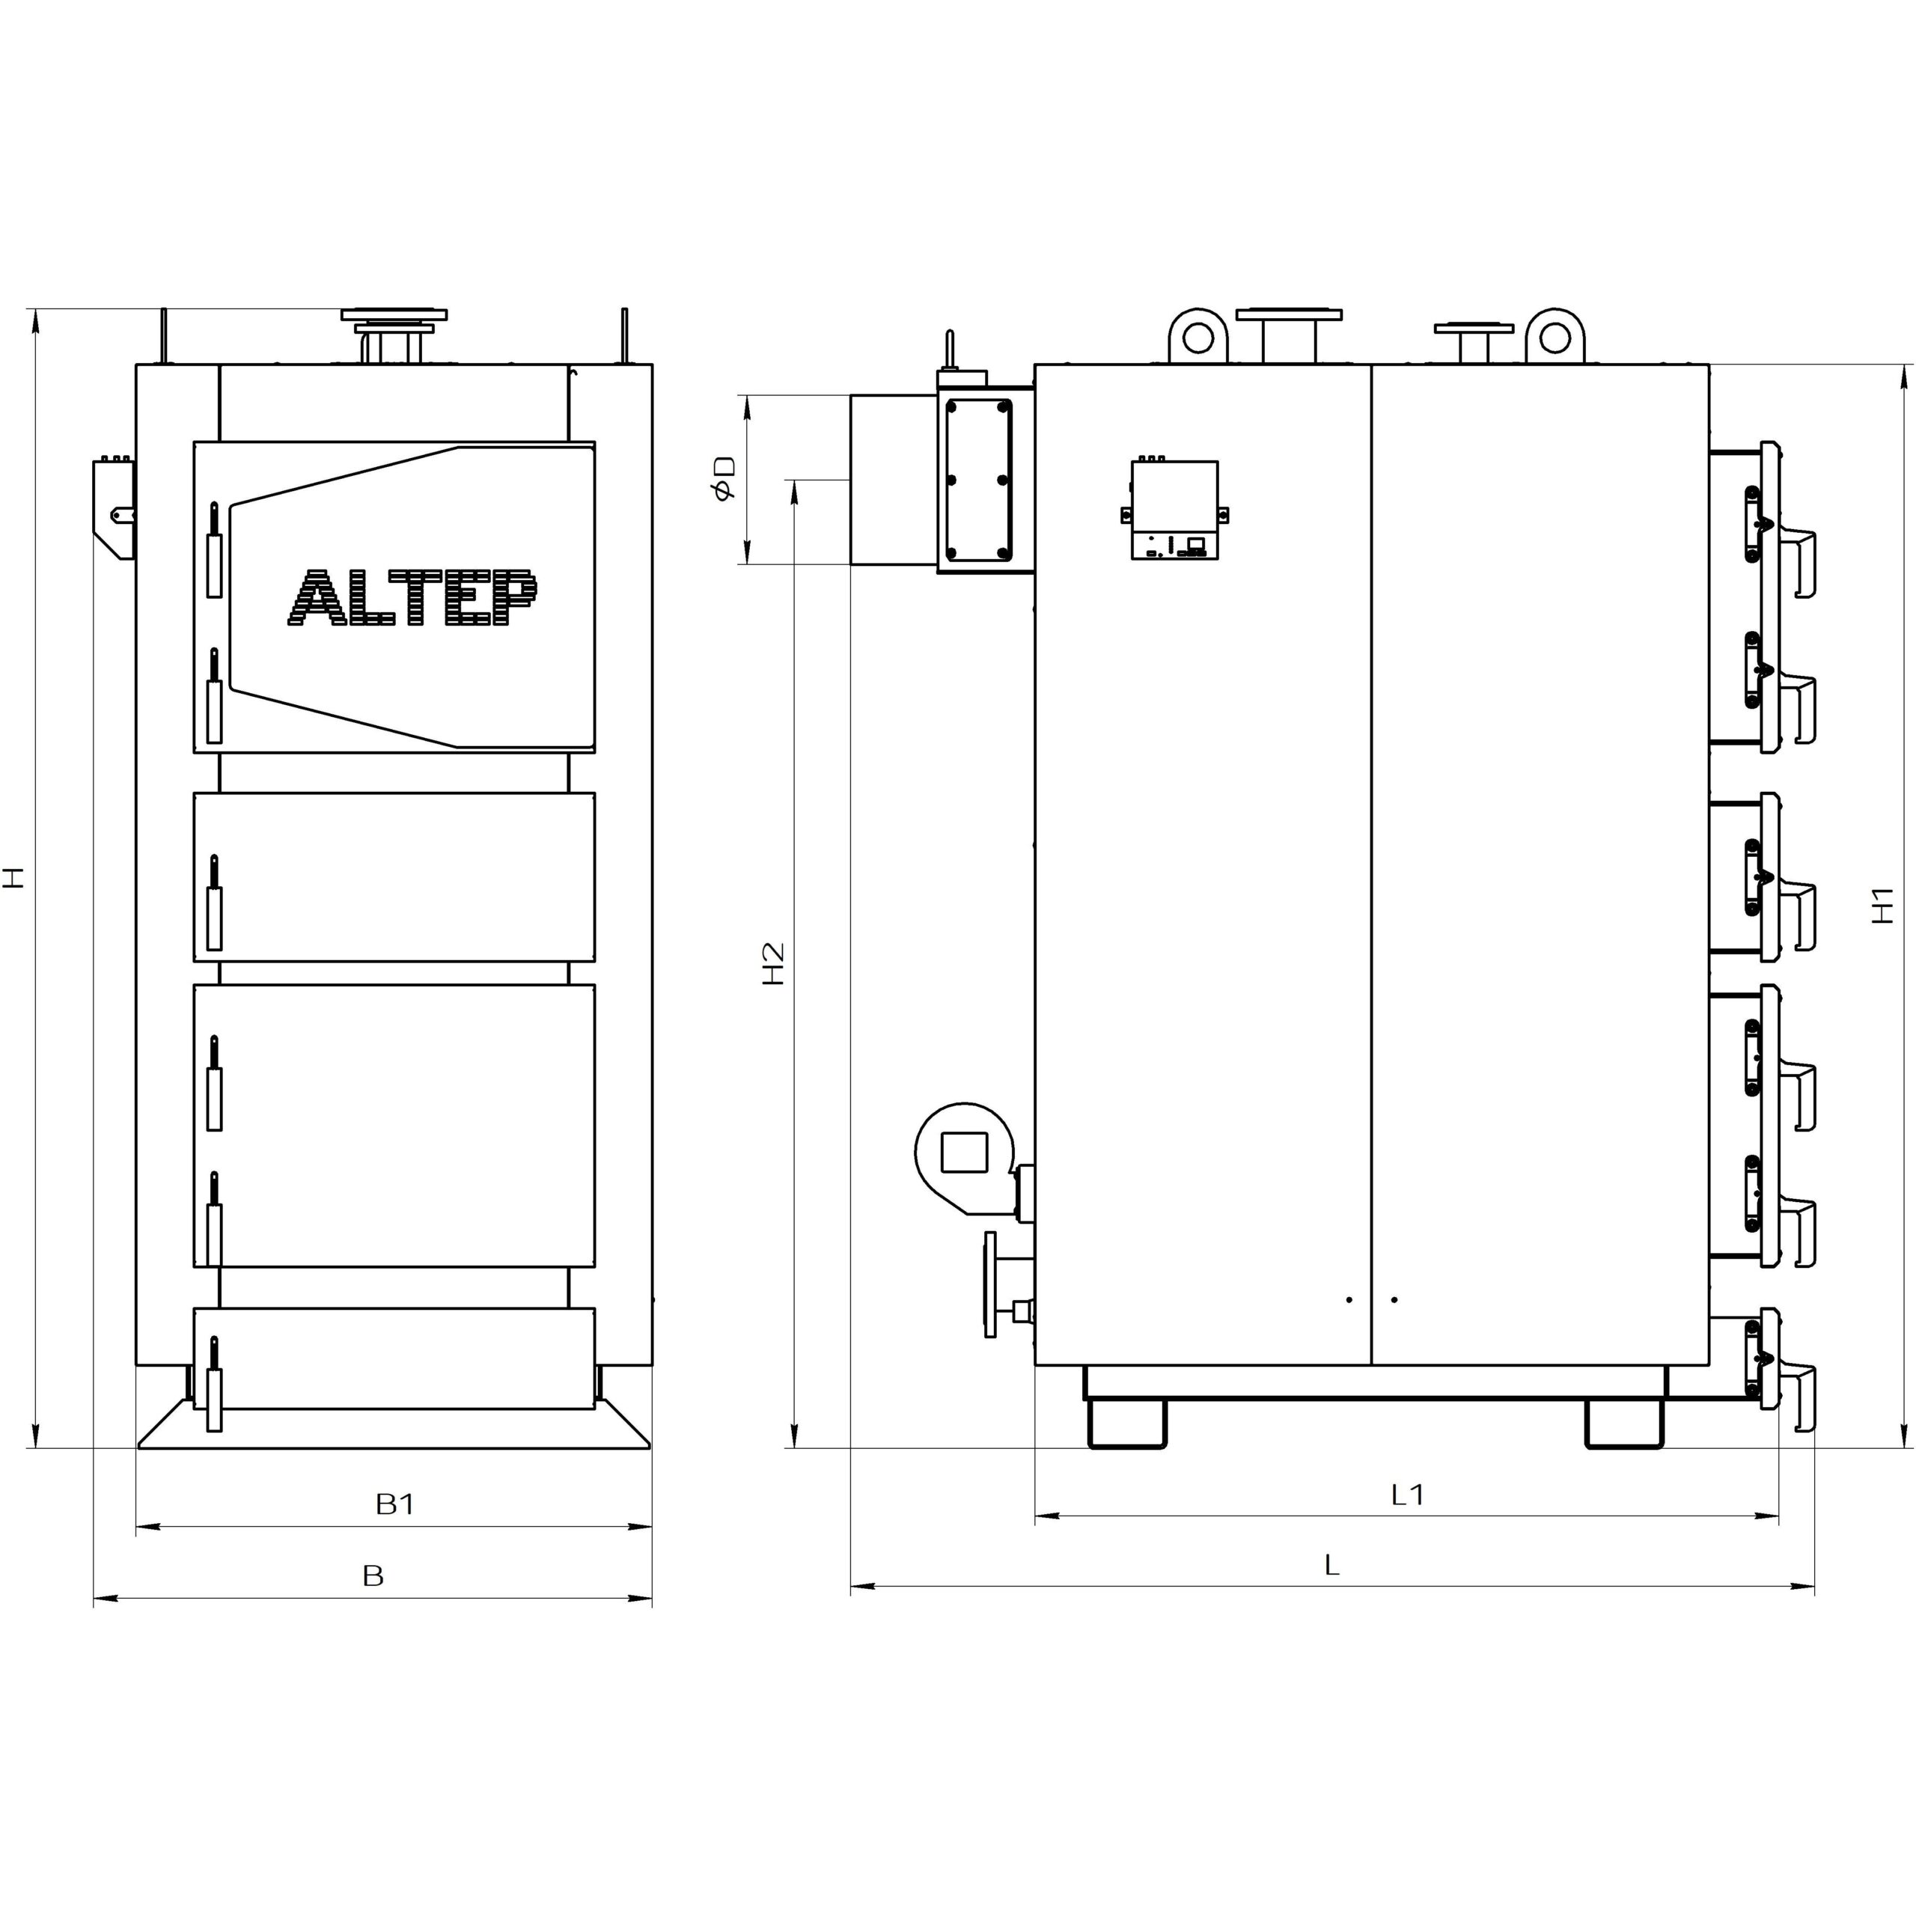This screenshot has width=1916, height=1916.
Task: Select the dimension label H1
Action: point(1882,904)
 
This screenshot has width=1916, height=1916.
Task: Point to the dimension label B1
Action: point(394,1504)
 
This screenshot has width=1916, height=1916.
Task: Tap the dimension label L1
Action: point(1407,1494)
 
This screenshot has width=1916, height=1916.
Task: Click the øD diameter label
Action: point(725,478)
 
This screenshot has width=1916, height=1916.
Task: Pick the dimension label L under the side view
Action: point(1332,1565)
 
